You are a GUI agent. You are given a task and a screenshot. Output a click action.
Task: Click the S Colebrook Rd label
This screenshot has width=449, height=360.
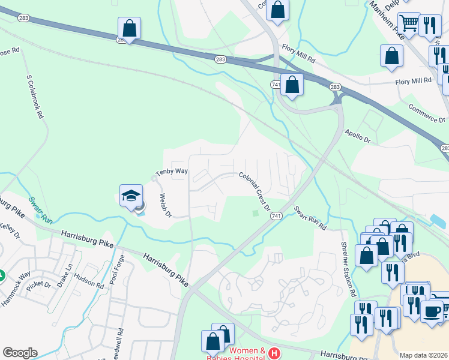coord(35,96)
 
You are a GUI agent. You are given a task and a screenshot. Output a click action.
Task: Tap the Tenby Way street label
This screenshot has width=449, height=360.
coord(172,172)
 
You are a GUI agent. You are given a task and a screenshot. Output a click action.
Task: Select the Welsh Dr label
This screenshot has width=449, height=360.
coord(165,205)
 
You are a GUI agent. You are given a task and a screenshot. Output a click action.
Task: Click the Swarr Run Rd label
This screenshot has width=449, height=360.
coord(309,219)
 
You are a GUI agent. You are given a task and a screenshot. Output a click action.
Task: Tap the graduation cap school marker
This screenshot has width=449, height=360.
coord(131,196)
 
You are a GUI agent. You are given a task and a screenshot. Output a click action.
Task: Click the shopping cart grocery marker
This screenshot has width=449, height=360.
coord(409,23)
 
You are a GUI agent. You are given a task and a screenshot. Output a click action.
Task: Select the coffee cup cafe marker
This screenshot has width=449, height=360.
coord(431,311)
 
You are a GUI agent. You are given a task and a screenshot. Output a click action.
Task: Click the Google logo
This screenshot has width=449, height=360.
coord(20,353)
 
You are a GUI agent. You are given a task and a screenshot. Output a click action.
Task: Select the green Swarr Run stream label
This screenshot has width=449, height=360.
coord(40,209)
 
